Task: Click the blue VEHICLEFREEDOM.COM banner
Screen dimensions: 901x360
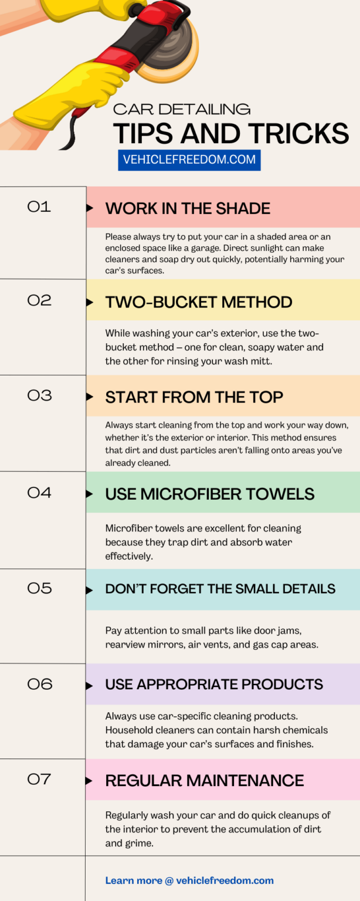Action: tap(189, 160)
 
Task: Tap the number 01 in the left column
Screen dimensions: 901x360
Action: tap(39, 206)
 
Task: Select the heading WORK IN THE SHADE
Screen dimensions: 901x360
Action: tap(188, 208)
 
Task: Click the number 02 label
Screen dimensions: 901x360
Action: tap(39, 300)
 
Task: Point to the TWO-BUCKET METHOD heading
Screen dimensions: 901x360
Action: tap(199, 302)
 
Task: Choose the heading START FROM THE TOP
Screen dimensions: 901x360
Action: tap(194, 397)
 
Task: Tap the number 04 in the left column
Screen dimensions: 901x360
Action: tap(39, 493)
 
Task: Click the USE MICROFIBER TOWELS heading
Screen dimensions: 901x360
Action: tap(210, 494)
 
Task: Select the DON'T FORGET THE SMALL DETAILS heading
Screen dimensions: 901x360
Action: tap(220, 589)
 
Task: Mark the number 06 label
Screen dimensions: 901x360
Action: tap(40, 684)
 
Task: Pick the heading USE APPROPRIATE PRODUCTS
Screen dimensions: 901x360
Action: tap(214, 684)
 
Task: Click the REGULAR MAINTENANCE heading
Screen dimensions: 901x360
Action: tap(205, 780)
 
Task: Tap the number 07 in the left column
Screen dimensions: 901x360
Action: tap(39, 779)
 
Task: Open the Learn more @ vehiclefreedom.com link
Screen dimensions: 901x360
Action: tap(189, 880)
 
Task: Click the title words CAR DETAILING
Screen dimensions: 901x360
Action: tap(182, 109)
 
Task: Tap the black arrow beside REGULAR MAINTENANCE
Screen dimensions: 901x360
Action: tap(89, 781)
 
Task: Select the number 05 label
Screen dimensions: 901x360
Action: tap(39, 588)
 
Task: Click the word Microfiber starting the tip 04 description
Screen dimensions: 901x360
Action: tap(129, 528)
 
